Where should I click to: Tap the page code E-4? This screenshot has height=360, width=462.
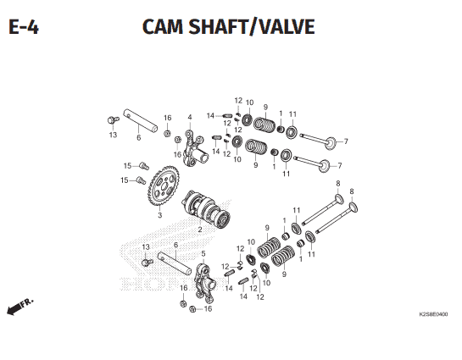click(x=24, y=27)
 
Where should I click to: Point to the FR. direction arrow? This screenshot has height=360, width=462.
click(x=20, y=307)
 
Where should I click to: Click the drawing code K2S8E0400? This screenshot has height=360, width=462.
click(x=433, y=314)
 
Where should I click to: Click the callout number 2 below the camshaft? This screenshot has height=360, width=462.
click(x=200, y=230)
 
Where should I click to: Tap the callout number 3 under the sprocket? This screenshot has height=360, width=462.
click(x=159, y=215)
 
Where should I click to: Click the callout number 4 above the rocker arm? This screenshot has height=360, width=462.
click(x=190, y=117)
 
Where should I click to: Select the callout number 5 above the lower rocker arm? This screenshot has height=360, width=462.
click(x=203, y=254)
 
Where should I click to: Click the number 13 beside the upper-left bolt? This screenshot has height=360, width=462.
click(x=113, y=135)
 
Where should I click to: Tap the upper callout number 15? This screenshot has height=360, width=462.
click(x=127, y=166)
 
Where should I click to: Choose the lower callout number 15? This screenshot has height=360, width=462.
click(x=125, y=180)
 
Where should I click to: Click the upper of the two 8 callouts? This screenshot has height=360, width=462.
click(x=338, y=183)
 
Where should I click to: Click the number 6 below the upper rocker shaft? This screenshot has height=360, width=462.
click(x=138, y=137)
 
